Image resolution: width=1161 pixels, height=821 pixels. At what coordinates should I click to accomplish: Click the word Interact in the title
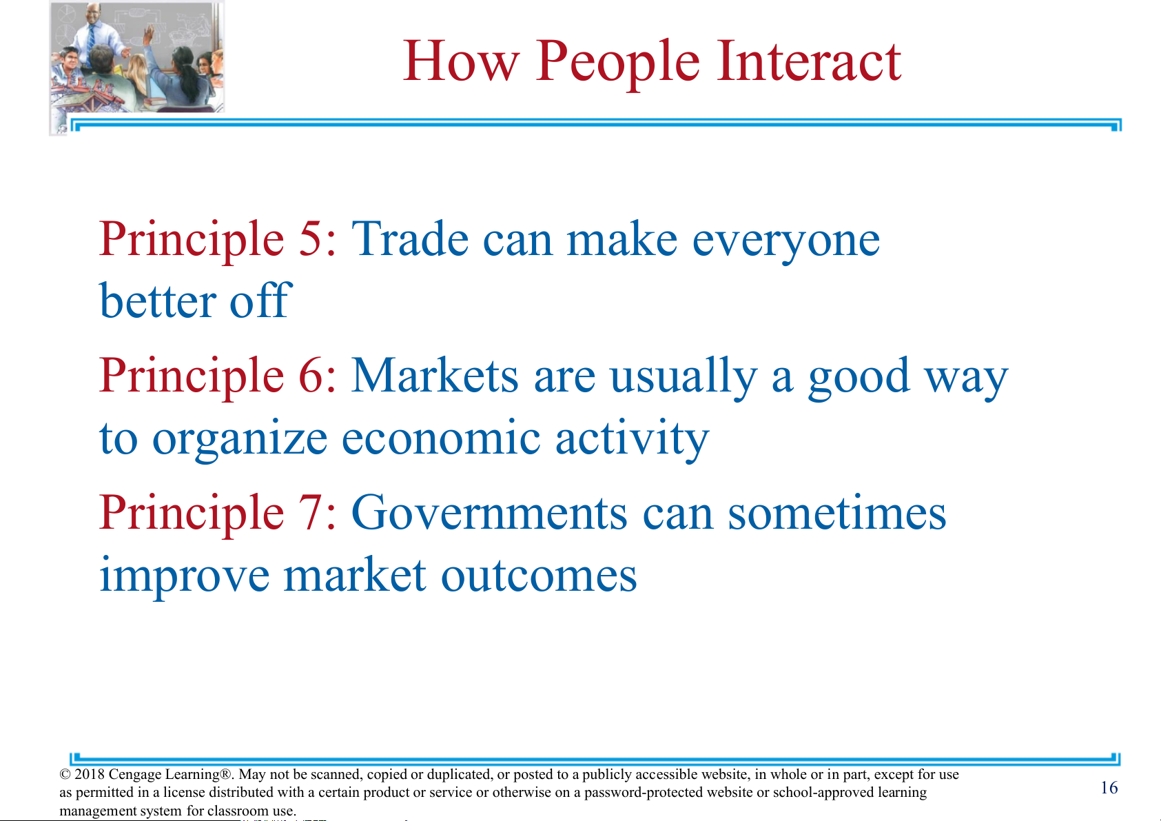(x=809, y=61)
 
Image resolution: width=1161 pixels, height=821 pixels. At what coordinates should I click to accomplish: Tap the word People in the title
(x=617, y=65)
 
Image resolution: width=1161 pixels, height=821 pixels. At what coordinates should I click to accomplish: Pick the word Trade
(x=410, y=239)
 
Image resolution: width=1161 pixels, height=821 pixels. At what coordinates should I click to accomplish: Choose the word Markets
(x=435, y=375)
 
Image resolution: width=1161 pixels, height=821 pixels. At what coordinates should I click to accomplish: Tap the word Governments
(x=489, y=512)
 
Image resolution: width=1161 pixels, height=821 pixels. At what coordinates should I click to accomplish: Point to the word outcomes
(x=539, y=575)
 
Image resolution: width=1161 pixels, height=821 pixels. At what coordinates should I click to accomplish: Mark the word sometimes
(x=837, y=512)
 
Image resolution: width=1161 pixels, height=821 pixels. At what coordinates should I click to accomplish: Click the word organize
(x=240, y=441)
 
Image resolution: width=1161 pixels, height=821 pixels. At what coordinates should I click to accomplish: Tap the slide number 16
(x=1109, y=788)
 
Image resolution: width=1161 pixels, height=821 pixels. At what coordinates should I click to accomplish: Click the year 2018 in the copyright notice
(x=90, y=774)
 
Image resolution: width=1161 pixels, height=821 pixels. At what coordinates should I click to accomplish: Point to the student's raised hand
(x=150, y=34)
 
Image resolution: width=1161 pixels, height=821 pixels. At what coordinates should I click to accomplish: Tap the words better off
(x=196, y=301)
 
